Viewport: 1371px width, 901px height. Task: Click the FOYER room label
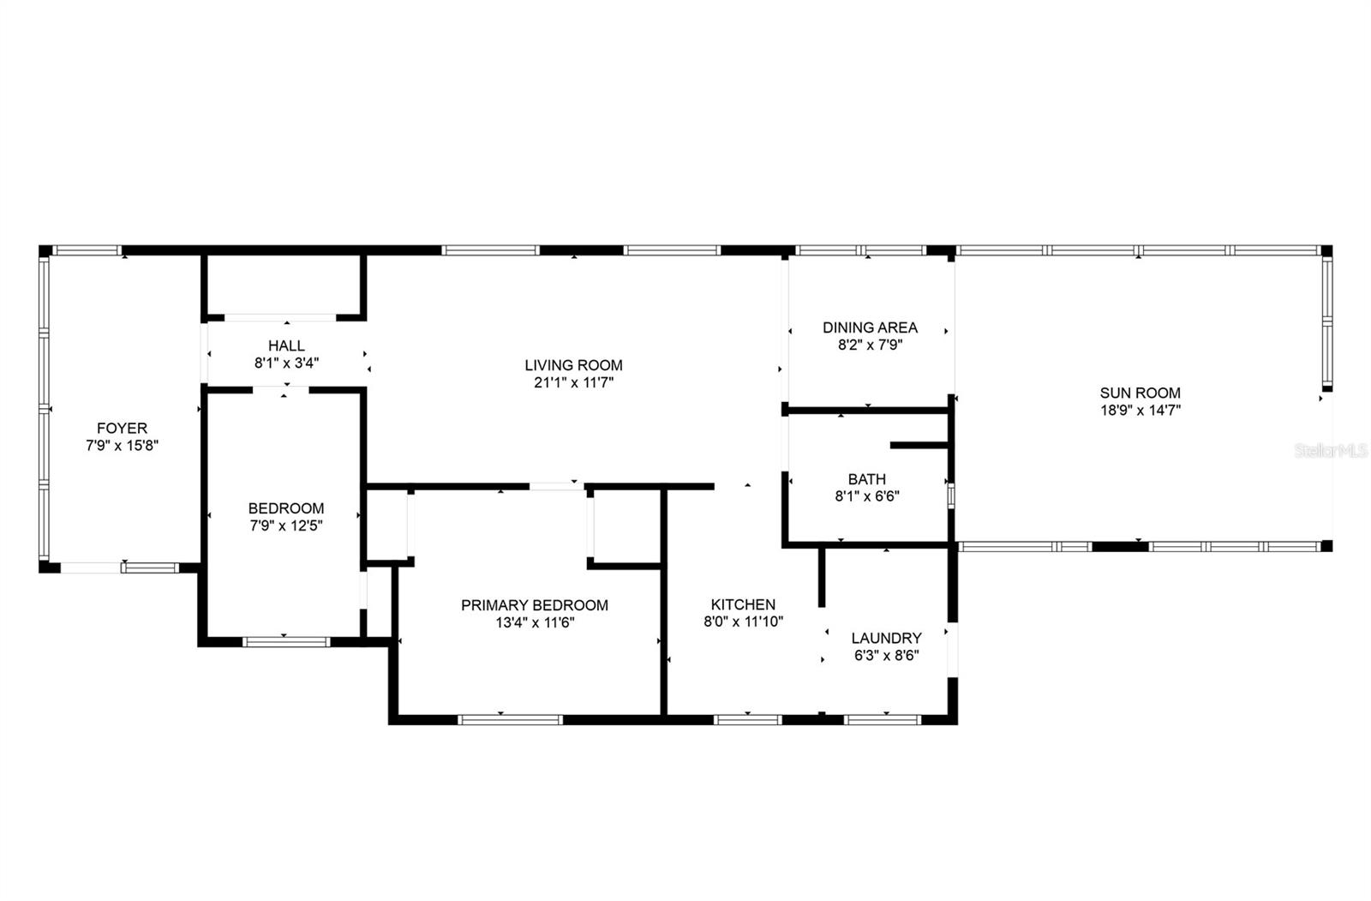click(122, 428)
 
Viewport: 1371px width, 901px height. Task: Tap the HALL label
click(286, 345)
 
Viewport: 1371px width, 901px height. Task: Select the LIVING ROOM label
click(573, 365)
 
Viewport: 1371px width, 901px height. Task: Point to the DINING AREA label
click(870, 327)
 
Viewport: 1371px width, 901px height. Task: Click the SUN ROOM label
click(1140, 393)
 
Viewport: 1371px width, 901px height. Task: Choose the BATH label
click(866, 479)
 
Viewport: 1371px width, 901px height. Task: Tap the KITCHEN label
click(743, 604)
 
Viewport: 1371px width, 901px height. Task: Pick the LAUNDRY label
click(886, 638)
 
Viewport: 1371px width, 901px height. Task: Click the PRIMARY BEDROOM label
click(535, 605)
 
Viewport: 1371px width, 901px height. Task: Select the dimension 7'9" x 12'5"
click(286, 526)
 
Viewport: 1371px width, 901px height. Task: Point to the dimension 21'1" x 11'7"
click(573, 382)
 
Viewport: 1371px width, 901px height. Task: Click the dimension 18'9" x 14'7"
click(1141, 410)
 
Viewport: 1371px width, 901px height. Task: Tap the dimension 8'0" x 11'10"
click(743, 622)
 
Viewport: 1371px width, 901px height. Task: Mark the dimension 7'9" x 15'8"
click(122, 445)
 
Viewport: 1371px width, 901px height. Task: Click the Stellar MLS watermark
click(1330, 450)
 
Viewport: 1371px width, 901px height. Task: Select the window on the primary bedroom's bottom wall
click(510, 719)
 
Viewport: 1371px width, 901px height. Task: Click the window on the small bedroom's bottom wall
click(286, 640)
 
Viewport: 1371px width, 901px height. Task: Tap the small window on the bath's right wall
click(950, 496)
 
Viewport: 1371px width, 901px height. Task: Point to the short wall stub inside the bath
click(919, 445)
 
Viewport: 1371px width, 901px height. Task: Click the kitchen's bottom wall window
click(747, 719)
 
